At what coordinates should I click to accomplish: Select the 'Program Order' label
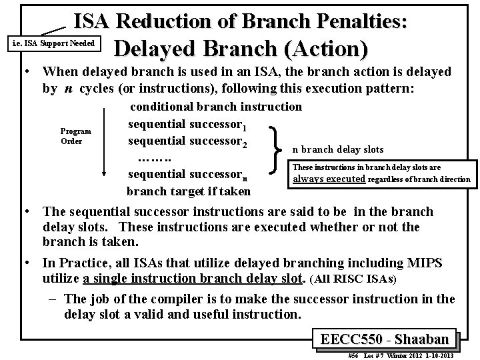pos(75,136)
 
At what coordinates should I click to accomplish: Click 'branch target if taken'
pos(189,192)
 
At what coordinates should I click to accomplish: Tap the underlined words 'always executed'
pos(329,179)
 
